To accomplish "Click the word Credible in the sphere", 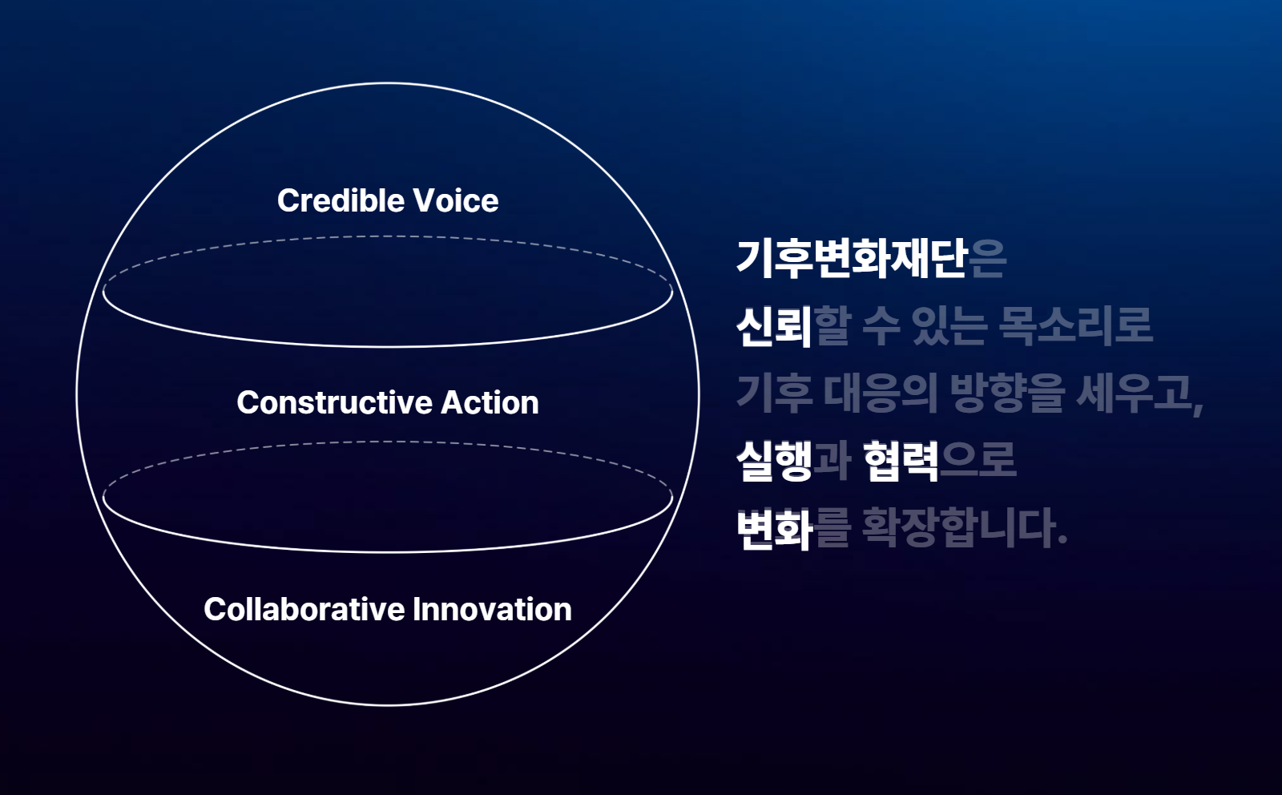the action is (x=340, y=201).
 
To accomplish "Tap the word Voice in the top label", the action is (x=456, y=201).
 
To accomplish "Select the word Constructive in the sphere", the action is (x=334, y=402).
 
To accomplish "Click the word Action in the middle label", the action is (x=490, y=402).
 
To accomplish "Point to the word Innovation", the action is (x=492, y=609).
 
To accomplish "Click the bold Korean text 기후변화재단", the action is (x=853, y=260).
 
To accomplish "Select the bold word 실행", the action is (x=774, y=461).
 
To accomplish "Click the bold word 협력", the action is (x=901, y=461).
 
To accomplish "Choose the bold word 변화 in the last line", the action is (x=774, y=528).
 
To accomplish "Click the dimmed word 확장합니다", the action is (x=958, y=528).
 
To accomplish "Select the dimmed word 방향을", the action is (x=1007, y=393).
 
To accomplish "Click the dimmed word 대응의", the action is (x=881, y=393).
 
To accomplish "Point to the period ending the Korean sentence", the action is (x=1062, y=540).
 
